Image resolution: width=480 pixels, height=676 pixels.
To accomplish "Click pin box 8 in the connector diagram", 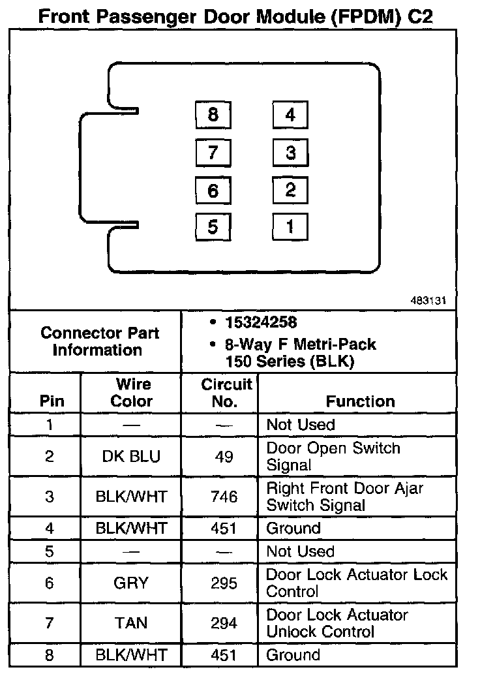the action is [x=213, y=115].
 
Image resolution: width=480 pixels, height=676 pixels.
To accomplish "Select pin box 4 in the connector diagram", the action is [x=290, y=115].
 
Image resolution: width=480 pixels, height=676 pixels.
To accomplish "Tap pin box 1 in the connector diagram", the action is [x=290, y=227].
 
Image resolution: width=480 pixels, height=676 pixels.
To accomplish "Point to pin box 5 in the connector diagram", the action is [x=213, y=227].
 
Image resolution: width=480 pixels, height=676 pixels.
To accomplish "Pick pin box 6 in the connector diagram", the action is [x=213, y=191].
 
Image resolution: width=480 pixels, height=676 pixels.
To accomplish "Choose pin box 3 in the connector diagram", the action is [x=290, y=153].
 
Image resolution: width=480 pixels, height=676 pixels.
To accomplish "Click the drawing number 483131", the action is [x=428, y=301].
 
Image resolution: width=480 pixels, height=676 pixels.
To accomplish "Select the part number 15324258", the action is [x=260, y=323].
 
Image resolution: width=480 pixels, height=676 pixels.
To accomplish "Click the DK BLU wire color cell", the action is [x=131, y=457].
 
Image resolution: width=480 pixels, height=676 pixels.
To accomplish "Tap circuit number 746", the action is [x=224, y=497].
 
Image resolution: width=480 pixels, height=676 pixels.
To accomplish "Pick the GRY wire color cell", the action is [x=131, y=583].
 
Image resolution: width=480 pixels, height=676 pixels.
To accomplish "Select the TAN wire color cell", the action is [x=131, y=623].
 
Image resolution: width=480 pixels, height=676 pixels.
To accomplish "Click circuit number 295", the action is [x=224, y=583].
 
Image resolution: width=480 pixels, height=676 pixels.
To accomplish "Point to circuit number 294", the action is [x=224, y=623].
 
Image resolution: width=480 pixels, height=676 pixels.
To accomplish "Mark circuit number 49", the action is [x=224, y=457].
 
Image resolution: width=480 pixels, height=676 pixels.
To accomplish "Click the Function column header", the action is [x=360, y=401].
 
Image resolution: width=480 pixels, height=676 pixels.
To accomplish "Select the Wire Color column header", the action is [x=132, y=393].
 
